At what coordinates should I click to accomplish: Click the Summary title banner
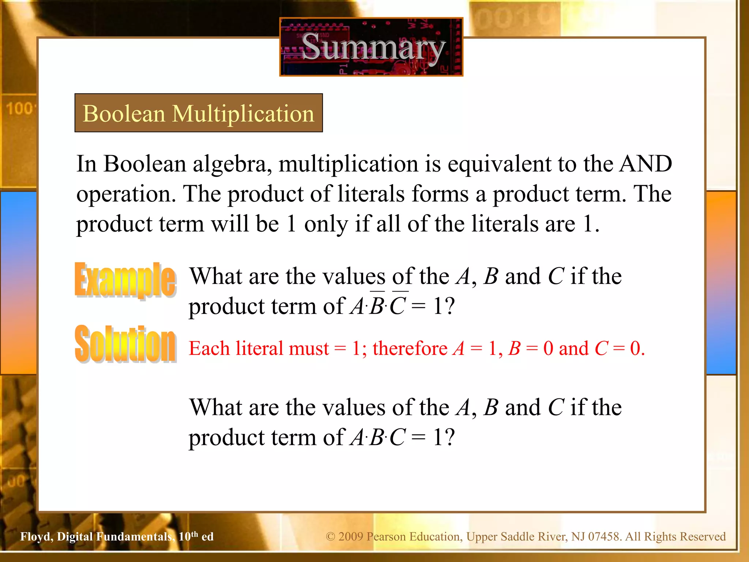(x=371, y=47)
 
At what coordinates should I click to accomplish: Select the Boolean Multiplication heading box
(x=199, y=113)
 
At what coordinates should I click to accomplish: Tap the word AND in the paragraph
(x=646, y=164)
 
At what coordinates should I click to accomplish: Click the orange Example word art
(x=125, y=280)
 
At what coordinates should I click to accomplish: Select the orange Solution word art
(x=125, y=344)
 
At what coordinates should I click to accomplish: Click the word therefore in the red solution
(x=410, y=348)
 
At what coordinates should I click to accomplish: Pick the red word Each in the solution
(x=209, y=348)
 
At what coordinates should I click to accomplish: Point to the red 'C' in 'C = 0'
(x=601, y=348)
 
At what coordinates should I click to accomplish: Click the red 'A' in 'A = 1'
(x=459, y=348)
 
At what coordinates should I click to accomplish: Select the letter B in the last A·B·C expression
(x=377, y=437)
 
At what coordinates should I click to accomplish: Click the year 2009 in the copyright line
(x=351, y=537)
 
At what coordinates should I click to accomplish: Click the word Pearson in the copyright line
(x=387, y=537)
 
